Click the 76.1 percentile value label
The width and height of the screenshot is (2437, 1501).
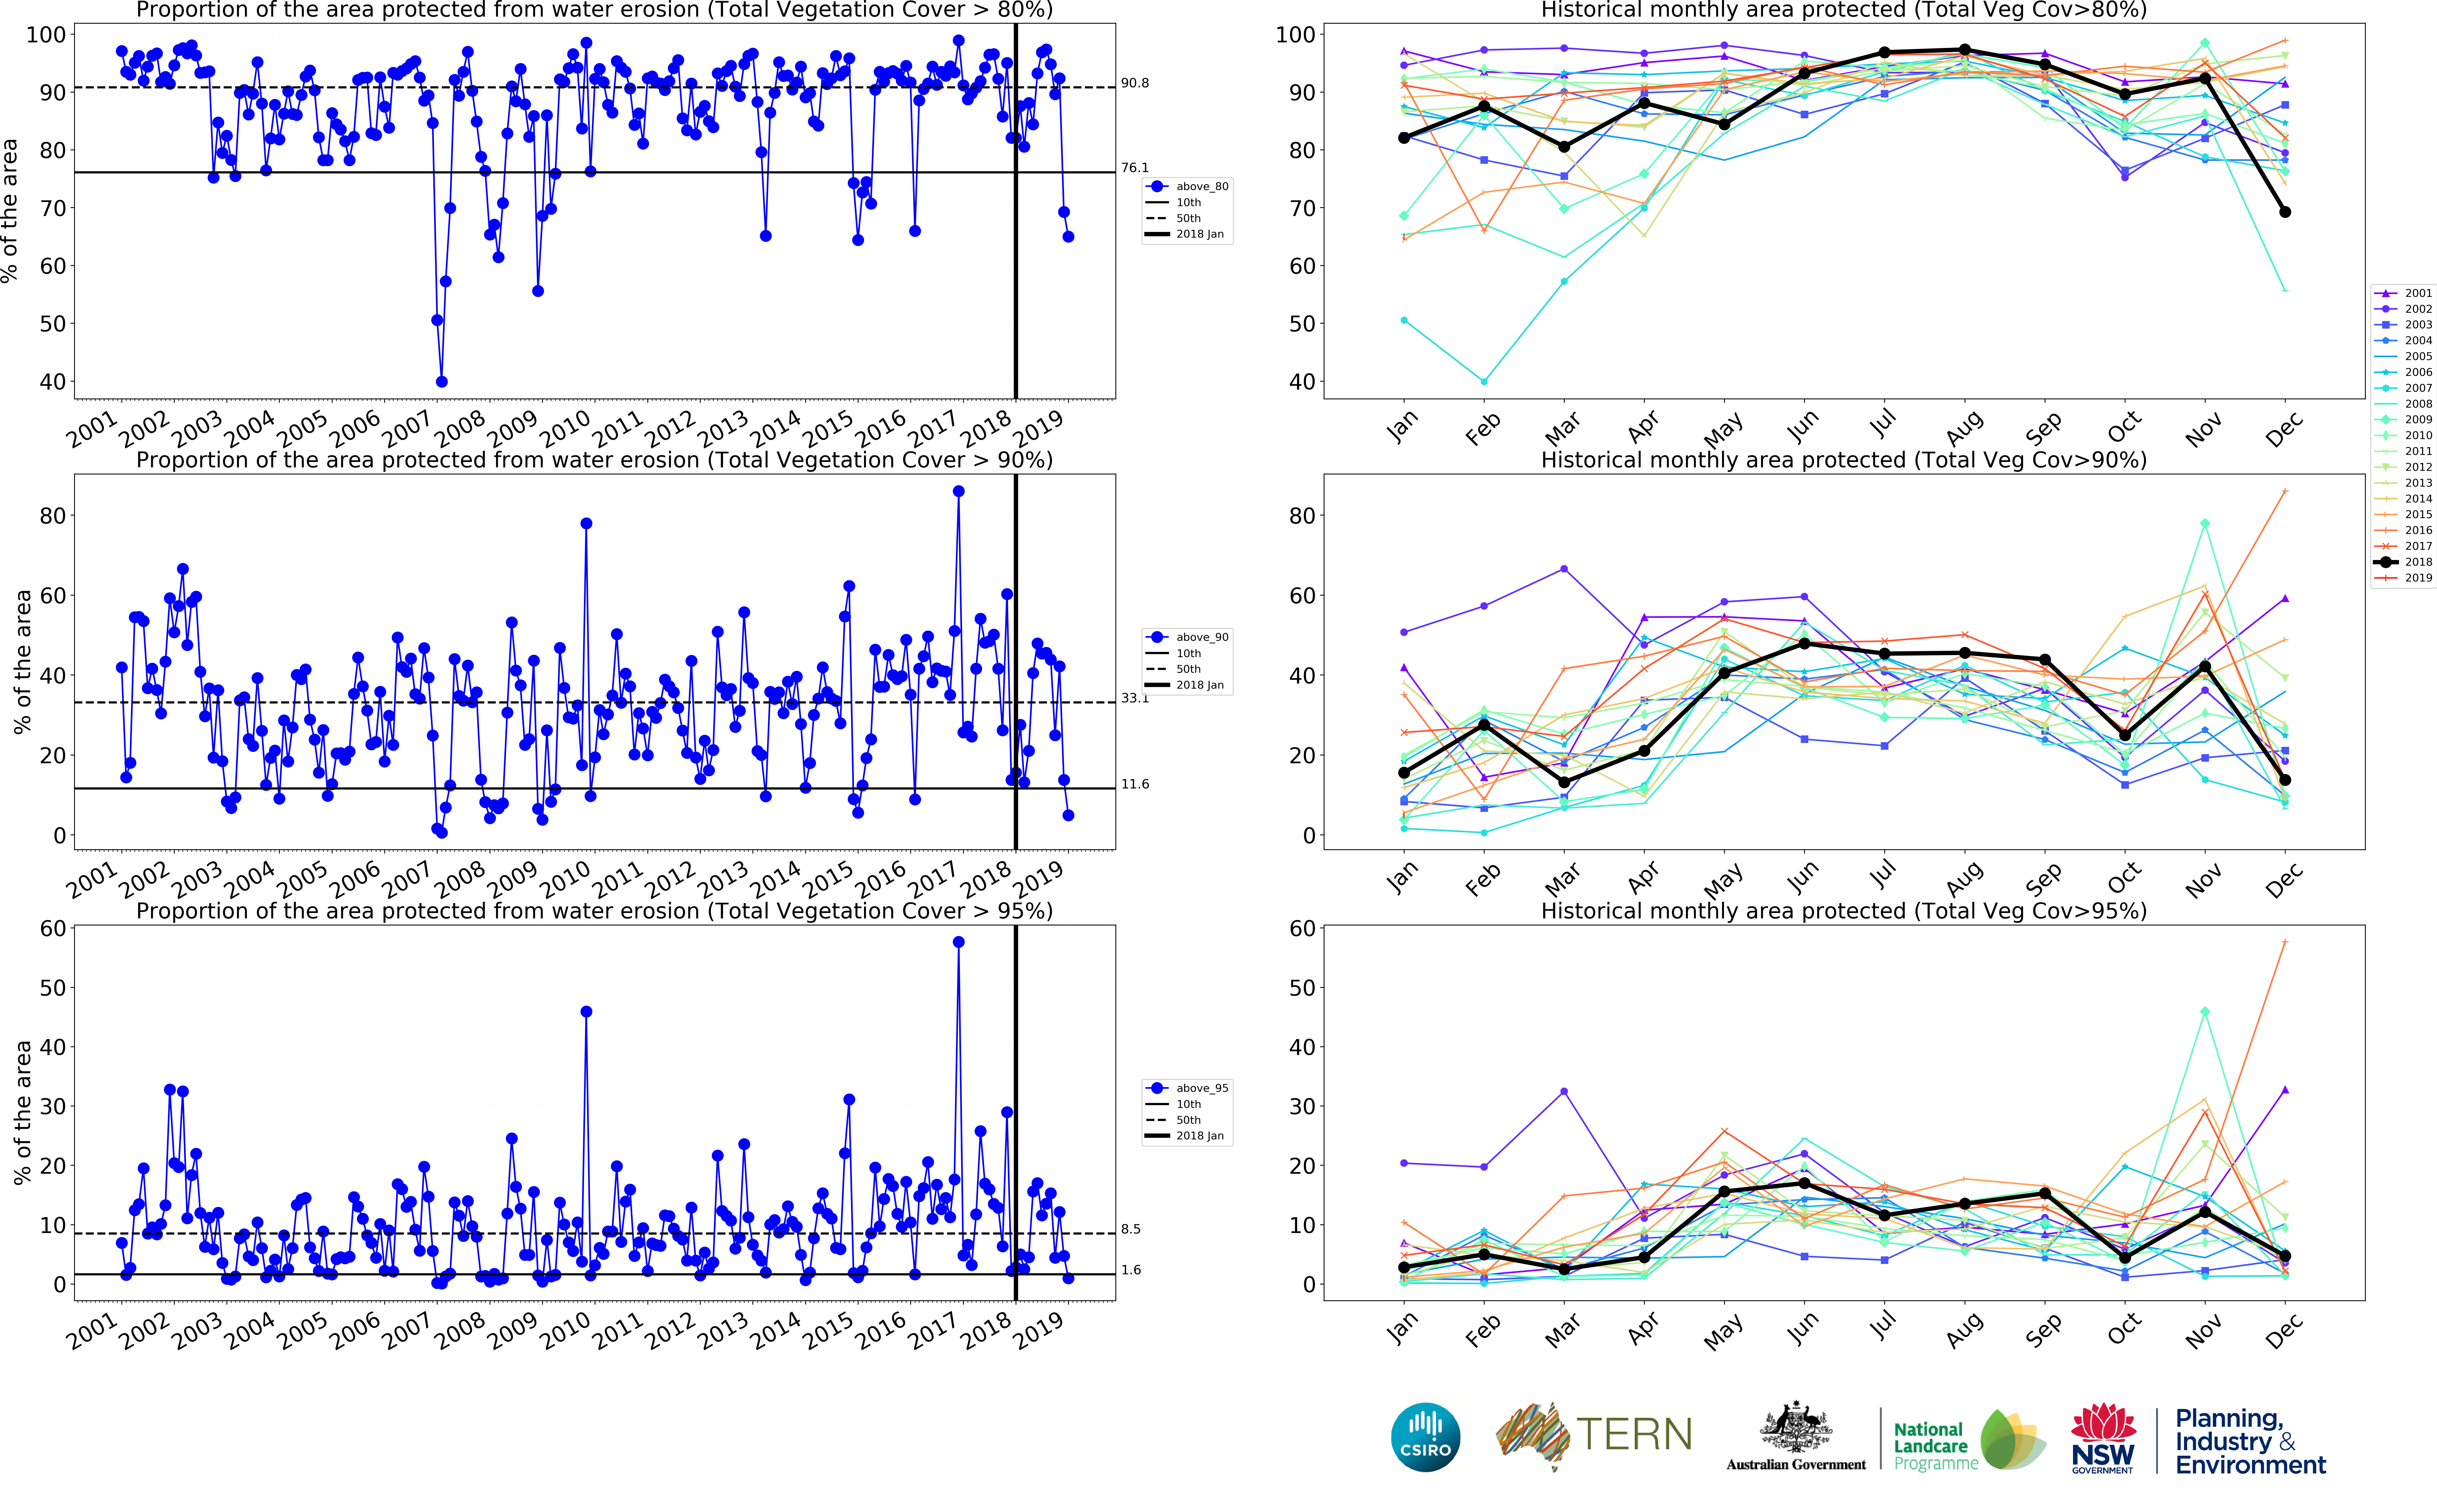click(1135, 168)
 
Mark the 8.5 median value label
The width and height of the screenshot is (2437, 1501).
click(1131, 1229)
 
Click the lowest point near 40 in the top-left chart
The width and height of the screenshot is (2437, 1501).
click(442, 381)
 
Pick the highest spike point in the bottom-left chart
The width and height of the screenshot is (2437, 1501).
click(958, 942)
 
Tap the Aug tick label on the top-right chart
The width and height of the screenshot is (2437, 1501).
click(1965, 427)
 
